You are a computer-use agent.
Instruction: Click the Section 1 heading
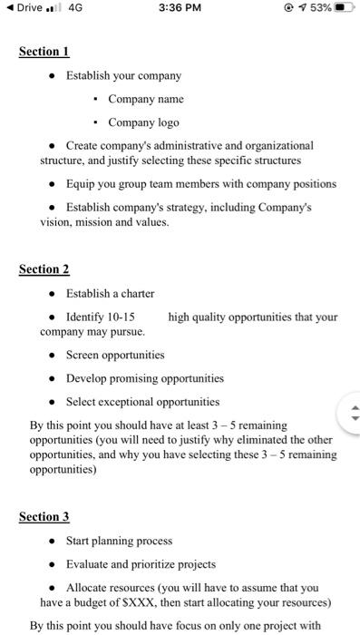(44, 52)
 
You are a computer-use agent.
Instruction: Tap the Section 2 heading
(44, 269)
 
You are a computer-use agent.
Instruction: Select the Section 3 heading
(44, 517)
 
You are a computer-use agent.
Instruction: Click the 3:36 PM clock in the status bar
(180, 9)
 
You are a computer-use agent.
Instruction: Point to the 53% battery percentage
(314, 9)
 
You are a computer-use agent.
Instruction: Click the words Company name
(145, 99)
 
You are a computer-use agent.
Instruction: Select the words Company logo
(143, 122)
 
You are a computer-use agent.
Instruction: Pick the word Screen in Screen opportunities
(84, 355)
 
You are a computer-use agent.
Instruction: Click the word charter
(136, 294)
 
